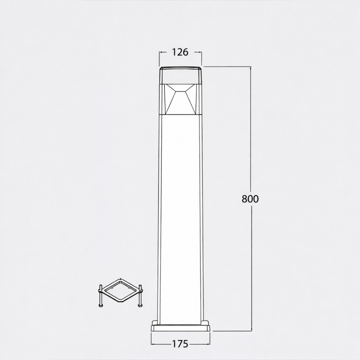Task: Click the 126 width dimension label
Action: [x=180, y=52]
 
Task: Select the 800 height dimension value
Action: [x=250, y=199]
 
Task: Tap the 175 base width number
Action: [x=180, y=344]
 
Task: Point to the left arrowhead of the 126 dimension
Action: [x=161, y=52]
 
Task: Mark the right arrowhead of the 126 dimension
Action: [x=200, y=52]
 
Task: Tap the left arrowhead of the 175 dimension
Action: [x=153, y=344]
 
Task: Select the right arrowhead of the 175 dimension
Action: [x=208, y=344]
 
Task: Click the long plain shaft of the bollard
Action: [x=180, y=216]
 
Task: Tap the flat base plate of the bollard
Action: [x=180, y=328]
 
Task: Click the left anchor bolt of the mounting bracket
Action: [x=100, y=296]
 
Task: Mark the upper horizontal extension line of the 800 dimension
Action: [x=227, y=67]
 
